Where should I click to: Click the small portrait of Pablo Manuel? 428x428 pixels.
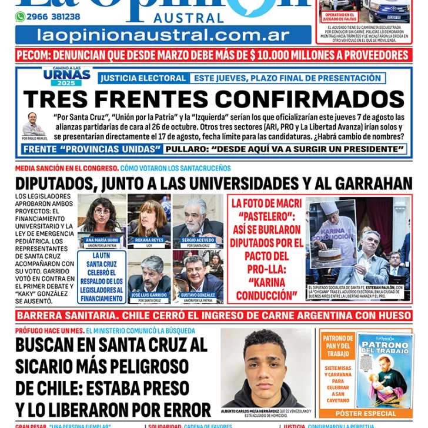[34, 123]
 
